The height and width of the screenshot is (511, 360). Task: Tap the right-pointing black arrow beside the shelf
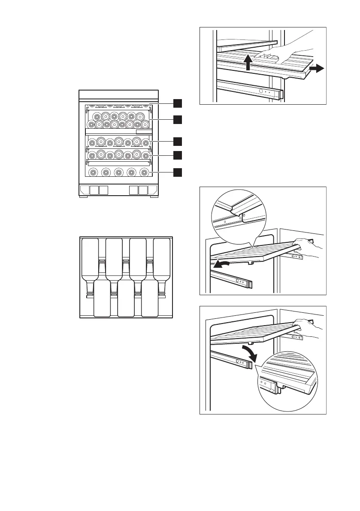(318, 68)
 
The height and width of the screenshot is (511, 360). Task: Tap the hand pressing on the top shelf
(283, 48)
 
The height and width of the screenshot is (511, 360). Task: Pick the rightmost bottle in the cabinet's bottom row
(145, 172)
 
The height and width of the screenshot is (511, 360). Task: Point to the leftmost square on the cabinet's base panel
(85, 190)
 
